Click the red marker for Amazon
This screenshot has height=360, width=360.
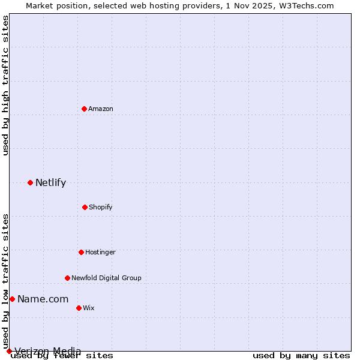click(x=84, y=109)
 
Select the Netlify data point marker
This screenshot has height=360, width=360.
click(x=30, y=182)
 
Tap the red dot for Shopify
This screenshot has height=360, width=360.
click(x=85, y=207)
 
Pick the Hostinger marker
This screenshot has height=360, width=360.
click(x=81, y=252)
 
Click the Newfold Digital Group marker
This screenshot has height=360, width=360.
click(x=67, y=278)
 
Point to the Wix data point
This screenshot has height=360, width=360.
click(x=79, y=308)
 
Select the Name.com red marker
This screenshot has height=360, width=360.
click(x=12, y=299)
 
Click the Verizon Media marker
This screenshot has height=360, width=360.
click(x=9, y=351)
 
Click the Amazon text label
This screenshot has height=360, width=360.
click(x=101, y=109)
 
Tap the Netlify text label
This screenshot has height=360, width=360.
click(x=50, y=183)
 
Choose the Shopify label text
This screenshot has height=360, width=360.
click(x=101, y=207)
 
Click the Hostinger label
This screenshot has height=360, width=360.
click(x=100, y=252)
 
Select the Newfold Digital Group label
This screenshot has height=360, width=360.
click(x=106, y=278)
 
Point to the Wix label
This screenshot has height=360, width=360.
click(x=89, y=308)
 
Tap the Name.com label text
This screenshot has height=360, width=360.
click(x=43, y=299)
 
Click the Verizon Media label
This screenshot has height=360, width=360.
click(x=48, y=351)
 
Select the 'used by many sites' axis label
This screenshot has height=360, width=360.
click(x=301, y=356)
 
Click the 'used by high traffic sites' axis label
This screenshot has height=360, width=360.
click(x=6, y=86)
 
